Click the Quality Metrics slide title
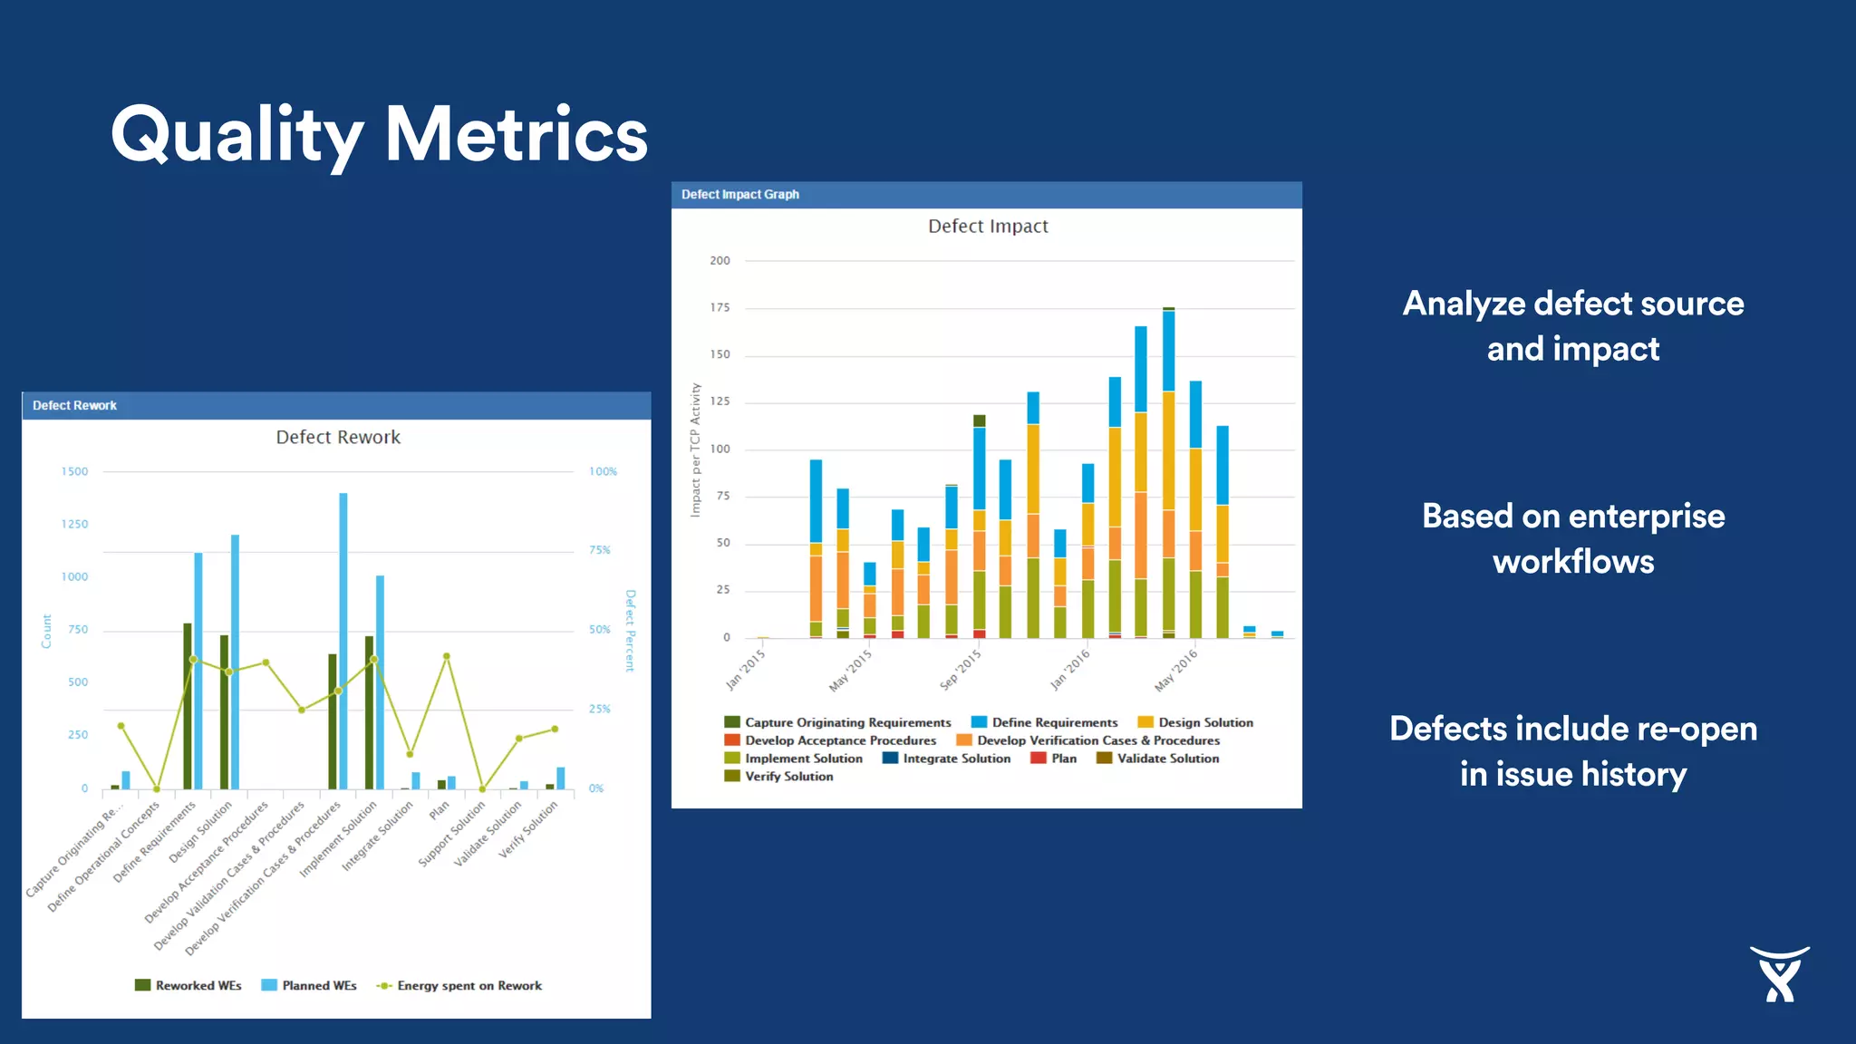point(379,134)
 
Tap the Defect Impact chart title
point(988,227)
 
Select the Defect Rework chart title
point(338,438)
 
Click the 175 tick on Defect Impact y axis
point(720,308)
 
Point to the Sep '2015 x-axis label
point(961,669)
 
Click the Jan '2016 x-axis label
point(1070,669)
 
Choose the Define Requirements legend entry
point(1054,722)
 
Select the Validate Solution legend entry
point(1167,759)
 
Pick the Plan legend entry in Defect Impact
point(1063,759)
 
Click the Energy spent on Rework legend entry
point(469,986)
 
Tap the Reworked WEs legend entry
point(198,986)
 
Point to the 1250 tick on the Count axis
point(75,525)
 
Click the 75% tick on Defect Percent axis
point(599,550)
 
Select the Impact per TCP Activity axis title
point(695,449)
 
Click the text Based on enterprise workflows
point(1573,538)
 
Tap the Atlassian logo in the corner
point(1779,974)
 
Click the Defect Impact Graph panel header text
point(740,195)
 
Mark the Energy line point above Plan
point(446,656)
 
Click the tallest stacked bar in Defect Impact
point(1169,471)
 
